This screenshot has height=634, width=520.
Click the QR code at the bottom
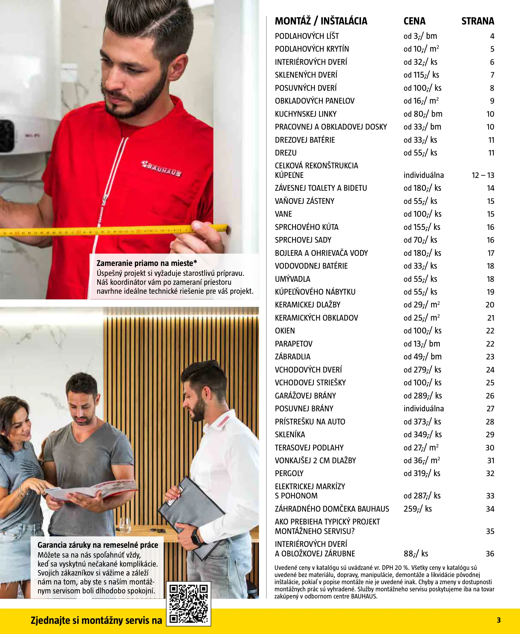189,604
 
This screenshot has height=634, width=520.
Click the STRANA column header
477,21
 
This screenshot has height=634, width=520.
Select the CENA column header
414,21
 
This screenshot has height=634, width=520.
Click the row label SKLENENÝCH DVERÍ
306,75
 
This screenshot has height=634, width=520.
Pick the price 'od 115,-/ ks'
421,75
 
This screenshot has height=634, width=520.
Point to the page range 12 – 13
482,175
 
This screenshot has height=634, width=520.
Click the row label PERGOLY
289,473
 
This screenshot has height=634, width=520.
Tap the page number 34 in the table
490,509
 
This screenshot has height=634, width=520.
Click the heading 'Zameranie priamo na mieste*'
147,263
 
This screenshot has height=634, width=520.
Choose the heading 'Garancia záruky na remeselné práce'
98,545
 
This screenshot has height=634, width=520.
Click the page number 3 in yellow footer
499,620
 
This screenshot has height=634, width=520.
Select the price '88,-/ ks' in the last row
416,553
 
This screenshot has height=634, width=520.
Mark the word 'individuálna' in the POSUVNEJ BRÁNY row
423,409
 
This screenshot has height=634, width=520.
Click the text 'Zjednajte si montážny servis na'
96,620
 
